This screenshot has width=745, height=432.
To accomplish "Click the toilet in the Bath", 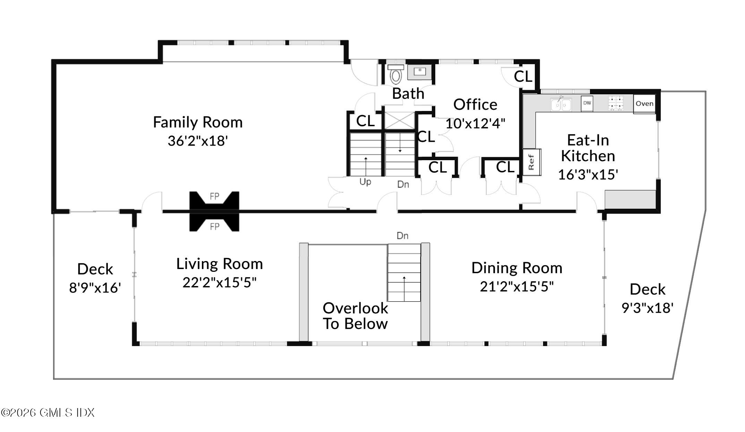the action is coord(396,74).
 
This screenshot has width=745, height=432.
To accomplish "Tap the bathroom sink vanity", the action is coord(420,72).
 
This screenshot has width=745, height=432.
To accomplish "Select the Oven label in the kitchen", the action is coord(644,104).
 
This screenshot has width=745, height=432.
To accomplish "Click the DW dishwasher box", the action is coord(587,103).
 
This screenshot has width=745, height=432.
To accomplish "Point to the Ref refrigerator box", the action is coord(532,162).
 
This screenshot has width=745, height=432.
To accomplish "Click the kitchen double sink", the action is coord(561,104).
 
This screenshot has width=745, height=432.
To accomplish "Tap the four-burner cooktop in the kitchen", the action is coord(616,103).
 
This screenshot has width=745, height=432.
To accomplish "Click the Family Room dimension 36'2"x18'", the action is coord(198,141).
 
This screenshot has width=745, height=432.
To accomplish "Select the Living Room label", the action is coord(220,264).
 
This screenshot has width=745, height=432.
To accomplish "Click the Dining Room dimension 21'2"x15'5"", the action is coord(517,286).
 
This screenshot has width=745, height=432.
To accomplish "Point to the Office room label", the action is coord(475,104).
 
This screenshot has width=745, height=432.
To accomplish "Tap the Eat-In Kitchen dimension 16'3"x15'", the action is coord(588,174).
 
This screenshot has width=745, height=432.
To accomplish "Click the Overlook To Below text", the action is coord(356,316).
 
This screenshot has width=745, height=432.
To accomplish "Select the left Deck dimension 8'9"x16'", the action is coord(95,287).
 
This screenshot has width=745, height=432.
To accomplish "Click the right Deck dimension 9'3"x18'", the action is coord(648,308).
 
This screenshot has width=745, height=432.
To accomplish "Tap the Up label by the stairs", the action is coord(365,182).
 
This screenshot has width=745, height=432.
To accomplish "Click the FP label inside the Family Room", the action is coord(214,197).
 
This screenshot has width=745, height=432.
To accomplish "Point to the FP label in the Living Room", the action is coord(214,227).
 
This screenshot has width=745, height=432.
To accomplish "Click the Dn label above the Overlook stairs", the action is coord(402,236).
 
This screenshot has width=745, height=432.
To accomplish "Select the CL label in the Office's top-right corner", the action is coord(523,76).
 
